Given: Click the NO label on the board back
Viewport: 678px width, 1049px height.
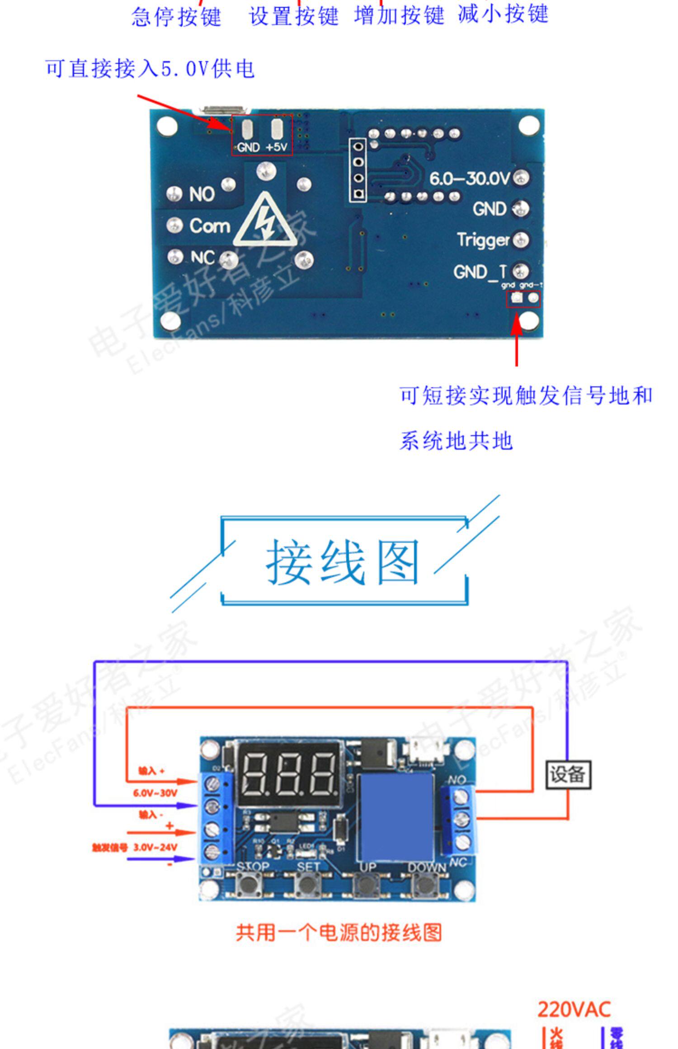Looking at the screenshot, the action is (202, 194).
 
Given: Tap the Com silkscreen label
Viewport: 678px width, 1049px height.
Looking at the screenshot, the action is (210, 225).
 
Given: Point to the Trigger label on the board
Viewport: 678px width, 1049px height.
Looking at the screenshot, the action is (483, 240).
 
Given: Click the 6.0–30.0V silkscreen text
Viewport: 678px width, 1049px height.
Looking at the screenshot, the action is (469, 178).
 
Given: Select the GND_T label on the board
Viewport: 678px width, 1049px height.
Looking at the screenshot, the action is (480, 272).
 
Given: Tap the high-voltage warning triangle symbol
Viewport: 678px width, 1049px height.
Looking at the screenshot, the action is (266, 222).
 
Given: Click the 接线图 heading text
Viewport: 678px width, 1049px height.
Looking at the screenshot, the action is (342, 562).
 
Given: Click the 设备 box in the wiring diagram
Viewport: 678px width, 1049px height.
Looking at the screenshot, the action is (568, 775).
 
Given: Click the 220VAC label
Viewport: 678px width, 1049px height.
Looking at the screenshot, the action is (574, 1009).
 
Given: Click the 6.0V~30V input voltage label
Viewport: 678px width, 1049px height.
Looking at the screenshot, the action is (155, 793).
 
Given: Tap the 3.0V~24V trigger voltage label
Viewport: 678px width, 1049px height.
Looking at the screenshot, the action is (155, 847).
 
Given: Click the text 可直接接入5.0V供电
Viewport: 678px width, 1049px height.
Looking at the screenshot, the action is (150, 69).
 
